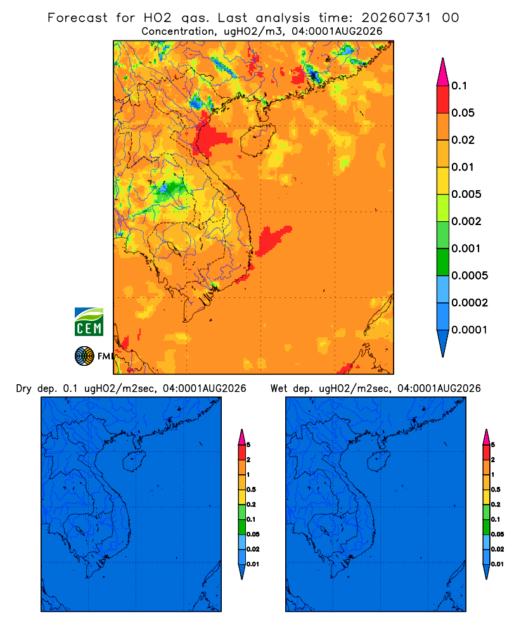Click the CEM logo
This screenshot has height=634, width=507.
[89, 322]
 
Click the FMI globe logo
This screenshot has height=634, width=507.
[84, 356]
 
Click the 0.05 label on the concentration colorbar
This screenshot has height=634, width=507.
[463, 113]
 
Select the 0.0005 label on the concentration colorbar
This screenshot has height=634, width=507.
[470, 276]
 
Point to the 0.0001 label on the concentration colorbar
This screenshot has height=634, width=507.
[470, 330]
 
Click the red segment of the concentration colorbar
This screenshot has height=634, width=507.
[443, 100]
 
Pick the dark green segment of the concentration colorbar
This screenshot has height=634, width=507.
[443, 262]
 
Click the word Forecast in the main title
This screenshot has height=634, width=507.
[77, 18]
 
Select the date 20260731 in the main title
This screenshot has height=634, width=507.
[396, 18]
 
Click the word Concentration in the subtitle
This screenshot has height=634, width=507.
[178, 32]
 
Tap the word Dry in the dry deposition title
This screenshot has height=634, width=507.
[24, 389]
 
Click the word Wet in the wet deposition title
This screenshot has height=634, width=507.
[279, 389]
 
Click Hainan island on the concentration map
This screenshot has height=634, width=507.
[257, 140]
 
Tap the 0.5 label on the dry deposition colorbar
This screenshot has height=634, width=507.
[251, 489]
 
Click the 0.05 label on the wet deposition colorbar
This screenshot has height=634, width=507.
[497, 534]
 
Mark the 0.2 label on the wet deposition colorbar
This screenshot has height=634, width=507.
[496, 505]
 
